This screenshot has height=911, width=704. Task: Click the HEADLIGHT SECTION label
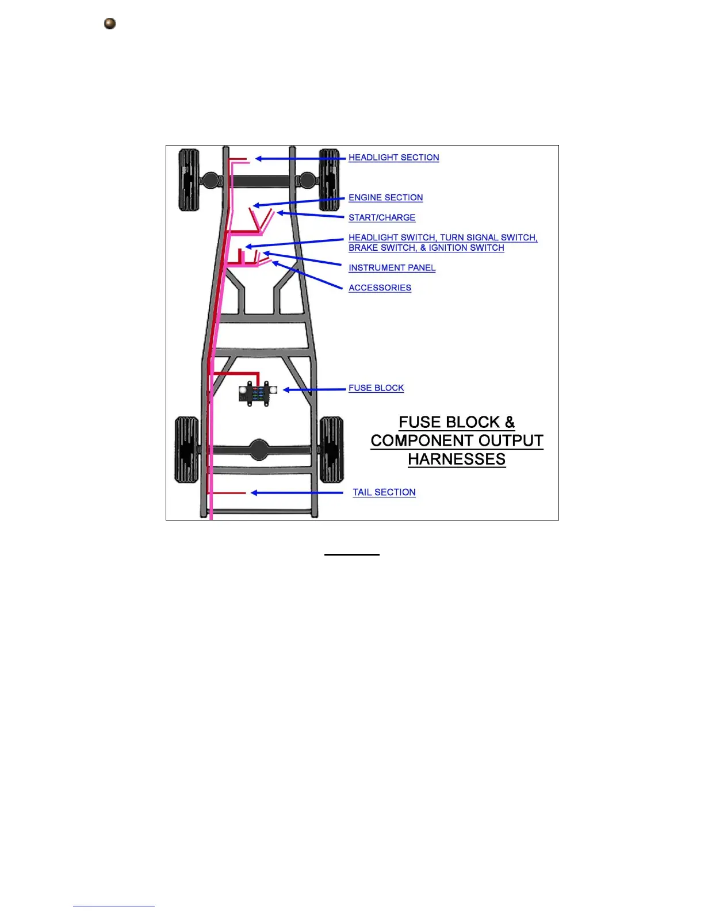[x=393, y=158]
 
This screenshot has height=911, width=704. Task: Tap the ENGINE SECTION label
[x=385, y=198]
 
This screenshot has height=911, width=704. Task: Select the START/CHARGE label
[x=382, y=217]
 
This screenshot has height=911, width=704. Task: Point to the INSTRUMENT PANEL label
[x=392, y=268]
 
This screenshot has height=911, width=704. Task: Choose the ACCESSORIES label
[x=380, y=288]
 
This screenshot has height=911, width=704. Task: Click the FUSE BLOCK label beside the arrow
[x=376, y=388]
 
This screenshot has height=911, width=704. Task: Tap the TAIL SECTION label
[x=384, y=492]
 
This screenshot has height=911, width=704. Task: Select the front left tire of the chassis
[x=189, y=180]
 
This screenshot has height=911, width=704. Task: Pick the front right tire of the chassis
[x=330, y=180]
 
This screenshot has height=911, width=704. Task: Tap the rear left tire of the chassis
[x=186, y=450]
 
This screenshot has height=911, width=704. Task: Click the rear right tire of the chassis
[x=331, y=450]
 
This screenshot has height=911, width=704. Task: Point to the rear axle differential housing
[x=259, y=450]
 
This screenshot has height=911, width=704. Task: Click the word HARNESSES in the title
[x=457, y=460]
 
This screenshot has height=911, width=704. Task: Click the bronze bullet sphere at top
[x=110, y=24]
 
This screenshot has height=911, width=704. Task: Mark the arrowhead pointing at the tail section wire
[x=254, y=493]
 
